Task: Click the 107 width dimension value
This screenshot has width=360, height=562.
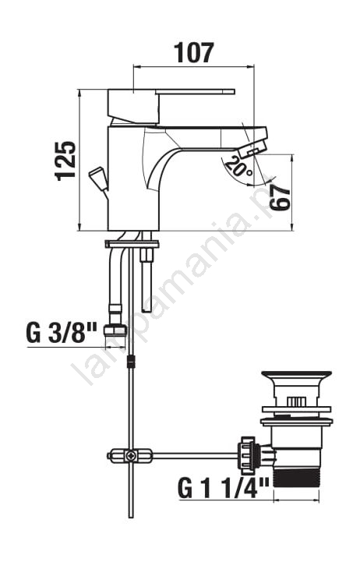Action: (x=194, y=53)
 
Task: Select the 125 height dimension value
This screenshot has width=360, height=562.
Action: (x=65, y=161)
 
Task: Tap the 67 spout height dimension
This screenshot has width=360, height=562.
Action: (x=280, y=198)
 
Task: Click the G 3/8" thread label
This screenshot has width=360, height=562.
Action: (x=62, y=333)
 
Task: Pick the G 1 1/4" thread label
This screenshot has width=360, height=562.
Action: (x=223, y=488)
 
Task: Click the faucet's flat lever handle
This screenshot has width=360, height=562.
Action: (x=196, y=92)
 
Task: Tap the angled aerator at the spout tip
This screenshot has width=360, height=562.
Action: (x=252, y=149)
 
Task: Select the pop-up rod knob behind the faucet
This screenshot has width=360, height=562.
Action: (x=97, y=176)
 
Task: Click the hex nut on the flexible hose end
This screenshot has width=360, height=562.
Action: (x=115, y=330)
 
